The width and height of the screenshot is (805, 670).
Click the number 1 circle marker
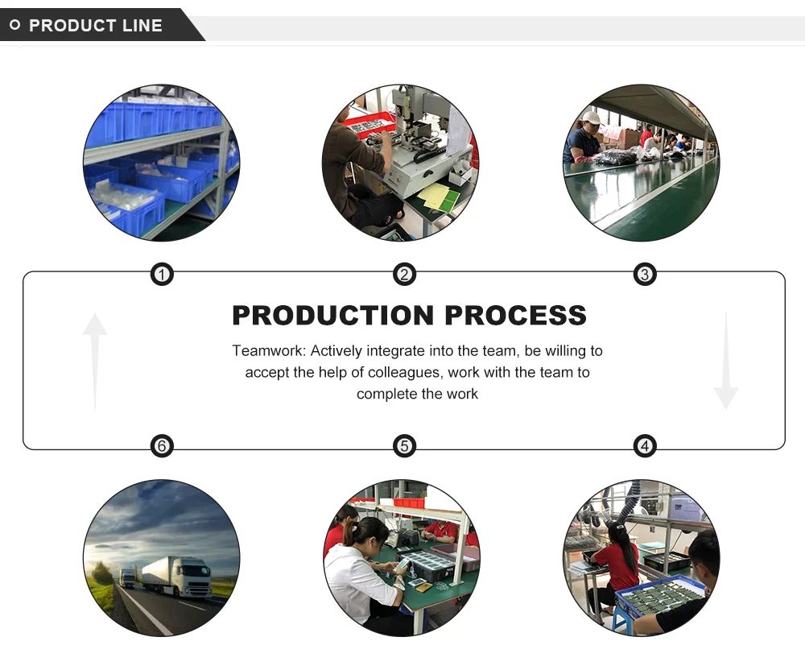click(x=162, y=275)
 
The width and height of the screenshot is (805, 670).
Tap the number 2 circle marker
click(x=404, y=275)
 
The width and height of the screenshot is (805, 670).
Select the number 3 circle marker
click(x=644, y=275)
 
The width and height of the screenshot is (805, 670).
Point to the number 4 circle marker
click(x=644, y=446)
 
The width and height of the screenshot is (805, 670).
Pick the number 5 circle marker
click(x=404, y=446)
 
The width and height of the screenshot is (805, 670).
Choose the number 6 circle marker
click(x=162, y=446)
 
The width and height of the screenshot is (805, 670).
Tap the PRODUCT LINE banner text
click(x=96, y=26)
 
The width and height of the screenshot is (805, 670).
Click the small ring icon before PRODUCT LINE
click(x=14, y=26)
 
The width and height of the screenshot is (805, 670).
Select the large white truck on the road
click(x=178, y=575)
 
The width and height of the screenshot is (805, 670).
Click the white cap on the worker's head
click(x=592, y=118)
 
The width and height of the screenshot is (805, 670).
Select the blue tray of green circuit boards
click(x=660, y=597)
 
